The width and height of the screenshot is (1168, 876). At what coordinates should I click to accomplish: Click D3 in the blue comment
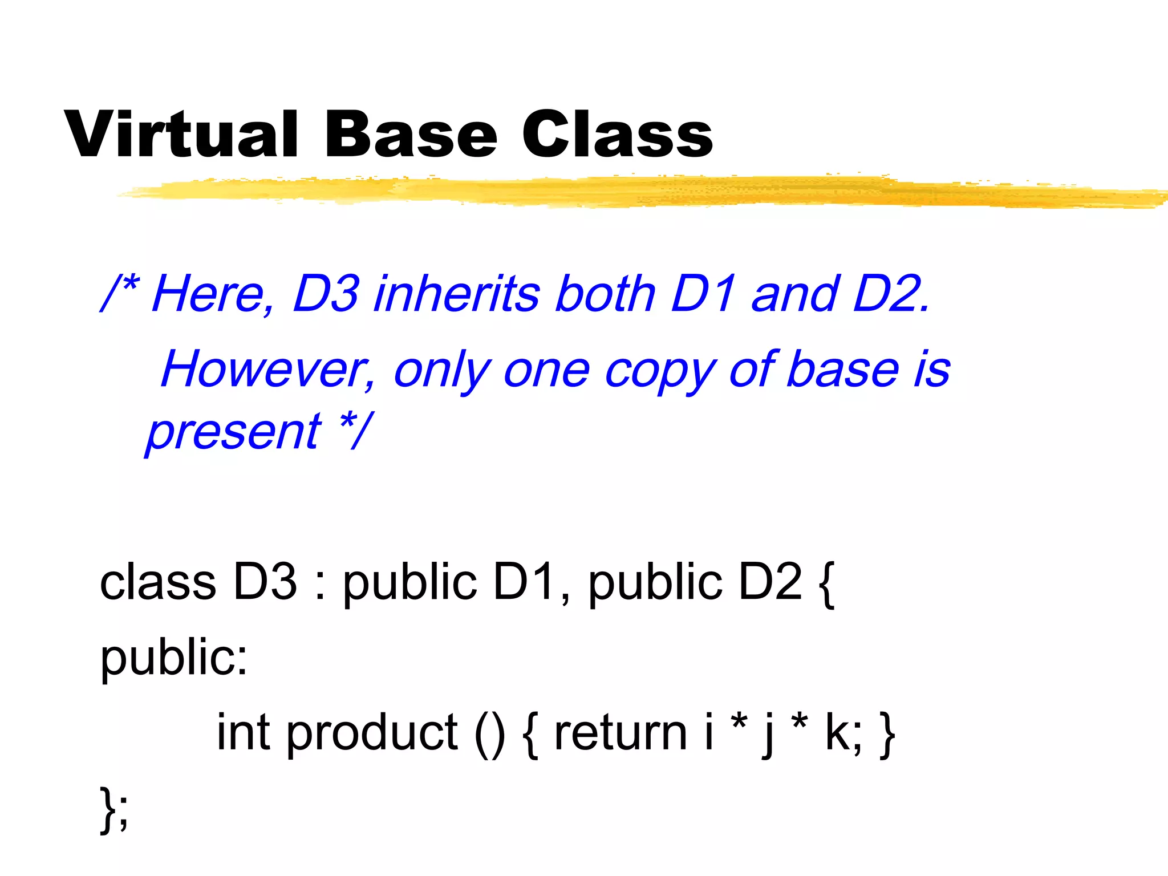point(326,294)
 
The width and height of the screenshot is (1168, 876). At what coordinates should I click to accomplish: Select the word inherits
point(456,294)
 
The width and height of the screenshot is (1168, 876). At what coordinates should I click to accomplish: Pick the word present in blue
point(234,432)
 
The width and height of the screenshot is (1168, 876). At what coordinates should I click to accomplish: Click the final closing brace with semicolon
point(114,810)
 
